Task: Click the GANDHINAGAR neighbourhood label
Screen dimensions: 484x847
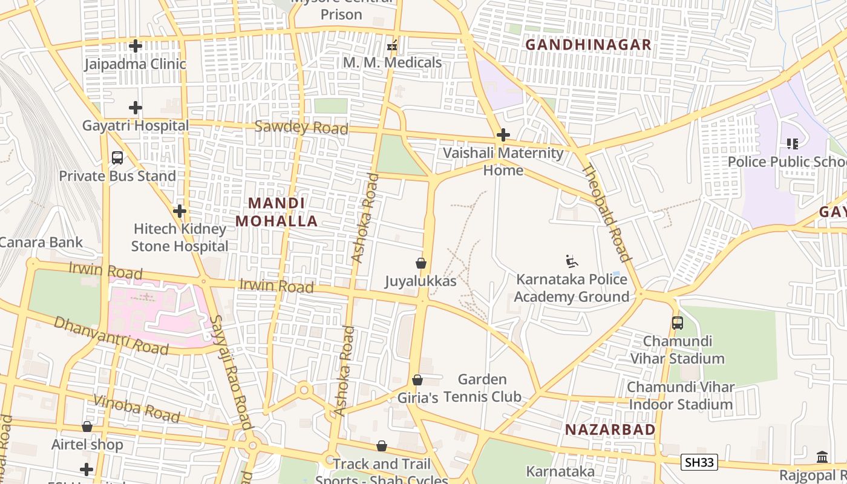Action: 588,45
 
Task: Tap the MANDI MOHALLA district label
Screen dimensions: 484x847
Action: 276,212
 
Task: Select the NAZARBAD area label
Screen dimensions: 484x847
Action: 610,430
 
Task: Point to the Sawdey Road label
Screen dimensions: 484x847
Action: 301,128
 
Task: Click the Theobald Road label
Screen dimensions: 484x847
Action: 606,212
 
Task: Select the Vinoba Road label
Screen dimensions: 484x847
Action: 137,408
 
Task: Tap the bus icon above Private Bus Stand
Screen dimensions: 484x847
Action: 117,158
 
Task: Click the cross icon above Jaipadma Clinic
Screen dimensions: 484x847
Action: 136,46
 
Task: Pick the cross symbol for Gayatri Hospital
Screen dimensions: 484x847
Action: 136,108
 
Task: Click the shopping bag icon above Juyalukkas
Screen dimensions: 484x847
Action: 421,264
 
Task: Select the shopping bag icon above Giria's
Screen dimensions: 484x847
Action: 417,380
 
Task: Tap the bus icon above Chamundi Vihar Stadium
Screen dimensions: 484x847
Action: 677,323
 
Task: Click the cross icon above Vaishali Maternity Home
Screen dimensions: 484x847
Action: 503,135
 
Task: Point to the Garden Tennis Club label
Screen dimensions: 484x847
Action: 482,388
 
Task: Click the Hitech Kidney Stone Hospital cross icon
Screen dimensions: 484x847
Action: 180,211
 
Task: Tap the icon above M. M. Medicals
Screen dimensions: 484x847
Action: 392,45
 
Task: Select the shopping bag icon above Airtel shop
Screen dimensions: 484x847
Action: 87,427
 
